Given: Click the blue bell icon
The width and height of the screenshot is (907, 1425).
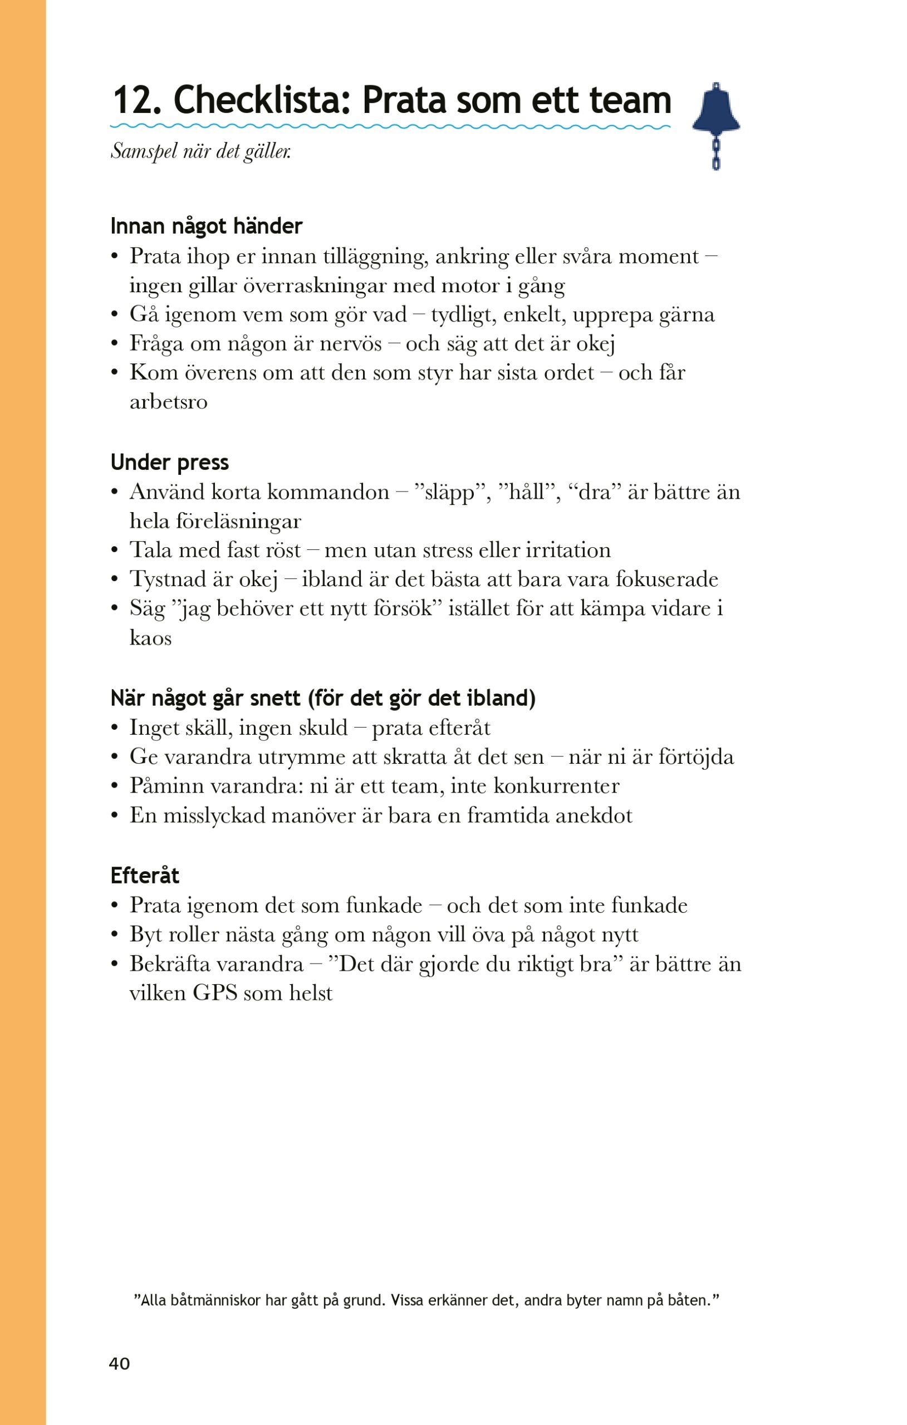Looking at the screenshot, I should click(x=716, y=109).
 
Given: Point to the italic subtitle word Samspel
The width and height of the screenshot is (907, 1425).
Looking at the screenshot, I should click(x=144, y=151).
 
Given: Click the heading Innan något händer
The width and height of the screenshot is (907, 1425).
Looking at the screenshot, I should click(x=206, y=226).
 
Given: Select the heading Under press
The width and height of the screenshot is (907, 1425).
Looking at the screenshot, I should click(x=169, y=462).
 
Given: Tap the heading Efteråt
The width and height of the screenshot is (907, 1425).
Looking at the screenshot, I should click(x=144, y=875).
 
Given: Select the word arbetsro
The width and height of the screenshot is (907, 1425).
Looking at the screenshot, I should click(x=168, y=402).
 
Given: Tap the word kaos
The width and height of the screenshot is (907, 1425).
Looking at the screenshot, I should click(x=150, y=638).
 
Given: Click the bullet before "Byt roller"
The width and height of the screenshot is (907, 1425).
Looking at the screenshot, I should click(x=115, y=935).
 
